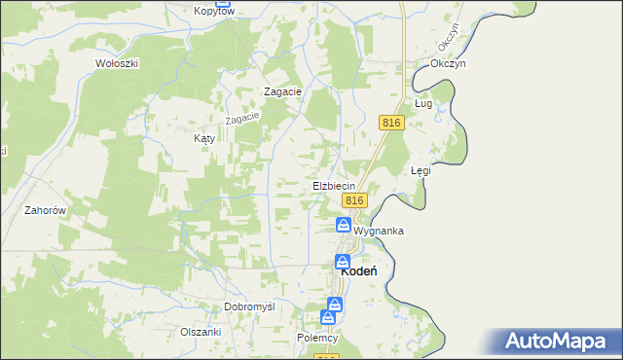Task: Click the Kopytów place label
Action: click(x=214, y=11)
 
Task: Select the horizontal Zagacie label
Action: click(x=284, y=91)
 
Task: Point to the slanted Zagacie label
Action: click(x=242, y=118)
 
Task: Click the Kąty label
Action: click(x=203, y=139)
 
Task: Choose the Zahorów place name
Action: click(x=45, y=210)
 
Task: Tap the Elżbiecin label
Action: click(x=333, y=185)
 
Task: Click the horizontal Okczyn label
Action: click(x=449, y=63)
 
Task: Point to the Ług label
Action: click(x=422, y=102)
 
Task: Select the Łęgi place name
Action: click(x=421, y=170)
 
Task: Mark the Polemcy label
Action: click(x=317, y=338)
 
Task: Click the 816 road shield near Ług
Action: click(x=391, y=122)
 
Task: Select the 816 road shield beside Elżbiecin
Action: click(x=354, y=199)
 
